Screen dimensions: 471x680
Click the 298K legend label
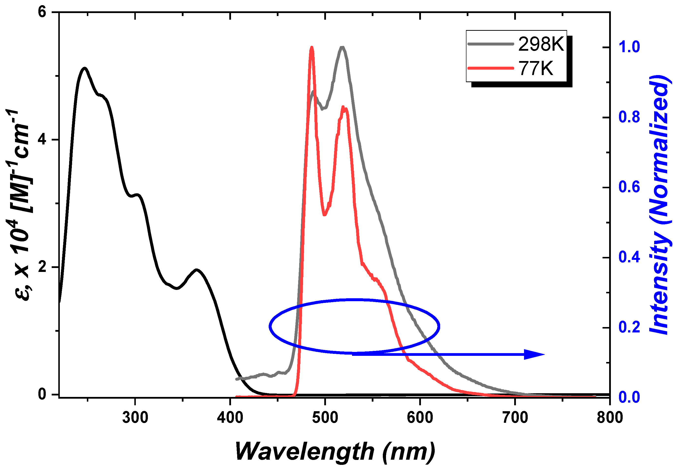(541, 44)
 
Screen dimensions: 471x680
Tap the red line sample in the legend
(491, 68)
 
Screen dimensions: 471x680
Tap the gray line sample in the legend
(491, 44)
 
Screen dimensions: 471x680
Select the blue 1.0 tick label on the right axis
(629, 47)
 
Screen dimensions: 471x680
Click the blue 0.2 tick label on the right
(629, 327)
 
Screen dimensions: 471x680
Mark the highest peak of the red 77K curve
(311, 47)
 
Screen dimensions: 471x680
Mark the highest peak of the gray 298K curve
(342, 47)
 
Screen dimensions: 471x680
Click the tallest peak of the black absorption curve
(85, 68)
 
